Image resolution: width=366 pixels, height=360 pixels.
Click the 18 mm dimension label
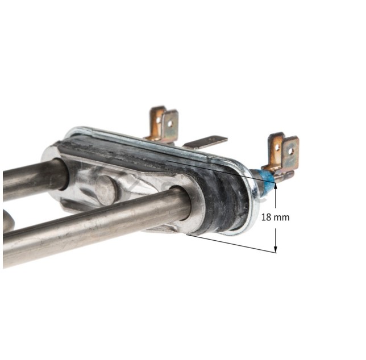tap(275, 217)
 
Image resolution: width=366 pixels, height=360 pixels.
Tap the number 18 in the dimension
tap(266, 217)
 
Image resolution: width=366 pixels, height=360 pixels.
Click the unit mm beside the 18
tap(282, 218)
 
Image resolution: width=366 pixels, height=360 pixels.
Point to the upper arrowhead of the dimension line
tap(276, 186)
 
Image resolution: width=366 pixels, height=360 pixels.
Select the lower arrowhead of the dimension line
tap(276, 249)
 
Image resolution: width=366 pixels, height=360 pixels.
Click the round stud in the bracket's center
tap(106, 190)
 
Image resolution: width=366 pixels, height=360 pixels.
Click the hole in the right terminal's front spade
tap(290, 152)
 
